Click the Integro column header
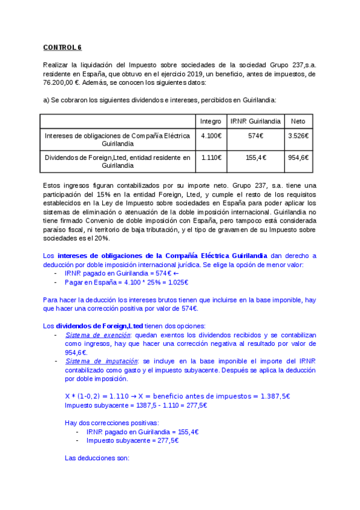pos(210,121)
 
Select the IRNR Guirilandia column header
pos(255,121)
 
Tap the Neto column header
pos(298,121)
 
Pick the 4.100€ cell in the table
pos(210,136)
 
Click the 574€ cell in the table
pos(255,136)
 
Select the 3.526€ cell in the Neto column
pos(298,136)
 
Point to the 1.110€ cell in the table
pos(210,158)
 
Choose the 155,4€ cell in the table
pos(255,158)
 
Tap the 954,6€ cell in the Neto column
pos(298,158)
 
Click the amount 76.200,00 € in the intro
pos(61,82)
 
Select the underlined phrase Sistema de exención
pos(97,334)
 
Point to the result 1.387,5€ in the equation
pos(275,396)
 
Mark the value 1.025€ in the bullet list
pos(178,282)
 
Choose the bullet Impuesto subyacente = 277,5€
pos(132,440)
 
